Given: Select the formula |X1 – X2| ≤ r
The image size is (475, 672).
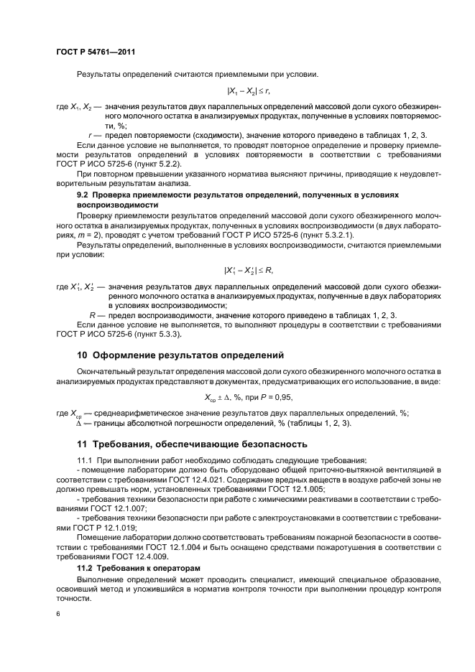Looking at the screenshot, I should (x=249, y=91).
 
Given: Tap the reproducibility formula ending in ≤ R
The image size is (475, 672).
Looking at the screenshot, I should (x=249, y=270).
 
